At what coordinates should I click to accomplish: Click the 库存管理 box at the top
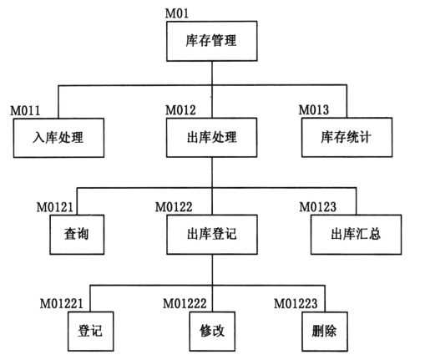click(212, 41)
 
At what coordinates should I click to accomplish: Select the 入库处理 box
click(58, 138)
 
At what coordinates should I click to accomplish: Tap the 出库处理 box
click(212, 138)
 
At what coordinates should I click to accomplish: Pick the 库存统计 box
click(347, 137)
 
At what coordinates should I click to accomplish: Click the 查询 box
click(77, 235)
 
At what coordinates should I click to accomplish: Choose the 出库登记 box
click(212, 235)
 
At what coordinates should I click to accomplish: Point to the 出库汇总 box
click(357, 235)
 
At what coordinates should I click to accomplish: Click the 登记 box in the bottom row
click(91, 332)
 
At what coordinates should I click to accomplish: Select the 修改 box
click(212, 332)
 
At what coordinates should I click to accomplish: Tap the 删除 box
click(325, 332)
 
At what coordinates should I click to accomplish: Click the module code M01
click(177, 13)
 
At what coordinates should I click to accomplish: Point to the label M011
click(25, 110)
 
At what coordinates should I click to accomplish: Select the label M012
click(180, 110)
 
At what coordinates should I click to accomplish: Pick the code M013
click(314, 109)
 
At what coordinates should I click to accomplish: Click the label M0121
click(55, 207)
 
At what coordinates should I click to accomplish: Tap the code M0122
click(174, 207)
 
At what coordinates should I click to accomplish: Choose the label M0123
click(318, 207)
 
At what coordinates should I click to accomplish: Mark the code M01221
click(62, 304)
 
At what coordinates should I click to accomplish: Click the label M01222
click(185, 304)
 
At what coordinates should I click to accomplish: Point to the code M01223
click(296, 304)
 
